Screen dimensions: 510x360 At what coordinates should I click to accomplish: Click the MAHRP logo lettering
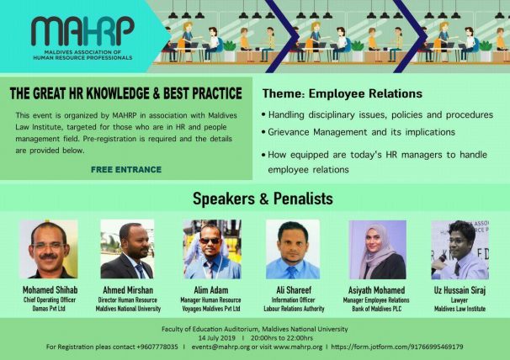(82, 31)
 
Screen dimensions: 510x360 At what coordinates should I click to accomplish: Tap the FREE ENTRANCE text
(126, 169)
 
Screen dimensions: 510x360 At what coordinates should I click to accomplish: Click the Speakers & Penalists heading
(263, 199)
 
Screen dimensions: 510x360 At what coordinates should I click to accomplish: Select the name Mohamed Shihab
(50, 289)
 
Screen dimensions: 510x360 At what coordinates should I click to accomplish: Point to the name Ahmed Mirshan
(128, 289)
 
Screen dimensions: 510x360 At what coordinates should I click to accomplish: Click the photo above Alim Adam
(212, 249)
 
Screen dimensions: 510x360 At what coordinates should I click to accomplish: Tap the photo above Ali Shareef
(293, 249)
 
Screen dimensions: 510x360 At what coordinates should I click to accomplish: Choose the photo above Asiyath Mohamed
(377, 250)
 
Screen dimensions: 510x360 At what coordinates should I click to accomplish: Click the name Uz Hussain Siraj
(460, 289)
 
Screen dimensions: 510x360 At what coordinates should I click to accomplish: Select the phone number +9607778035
(157, 347)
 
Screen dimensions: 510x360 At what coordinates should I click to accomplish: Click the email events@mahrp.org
(220, 347)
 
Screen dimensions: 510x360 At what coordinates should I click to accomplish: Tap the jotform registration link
(397, 347)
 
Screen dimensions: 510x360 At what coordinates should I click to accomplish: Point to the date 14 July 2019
(216, 338)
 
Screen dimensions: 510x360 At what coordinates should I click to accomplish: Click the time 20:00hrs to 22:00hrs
(282, 338)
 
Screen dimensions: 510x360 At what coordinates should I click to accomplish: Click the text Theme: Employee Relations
(343, 93)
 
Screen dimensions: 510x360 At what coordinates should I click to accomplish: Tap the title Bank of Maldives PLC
(377, 309)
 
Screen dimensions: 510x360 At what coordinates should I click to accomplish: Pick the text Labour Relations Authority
(294, 309)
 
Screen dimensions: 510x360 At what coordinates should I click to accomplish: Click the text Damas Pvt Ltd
(49, 309)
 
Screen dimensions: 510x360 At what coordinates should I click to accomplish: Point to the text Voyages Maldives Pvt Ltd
(210, 309)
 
